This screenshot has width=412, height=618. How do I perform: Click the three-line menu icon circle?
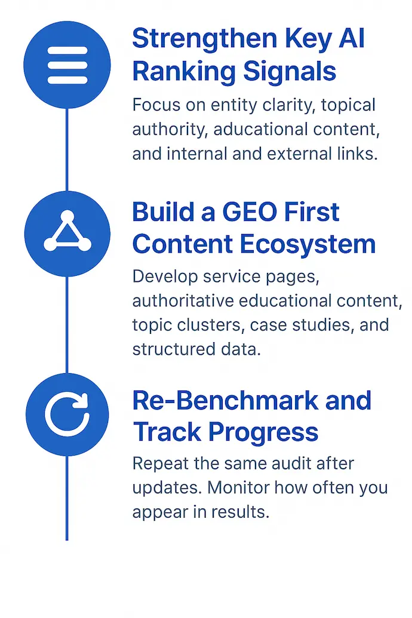[x=67, y=64]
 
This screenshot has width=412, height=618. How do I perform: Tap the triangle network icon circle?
[x=67, y=233]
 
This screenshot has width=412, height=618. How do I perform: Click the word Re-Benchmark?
[x=224, y=400]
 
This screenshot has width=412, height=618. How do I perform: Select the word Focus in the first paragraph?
[x=154, y=105]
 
